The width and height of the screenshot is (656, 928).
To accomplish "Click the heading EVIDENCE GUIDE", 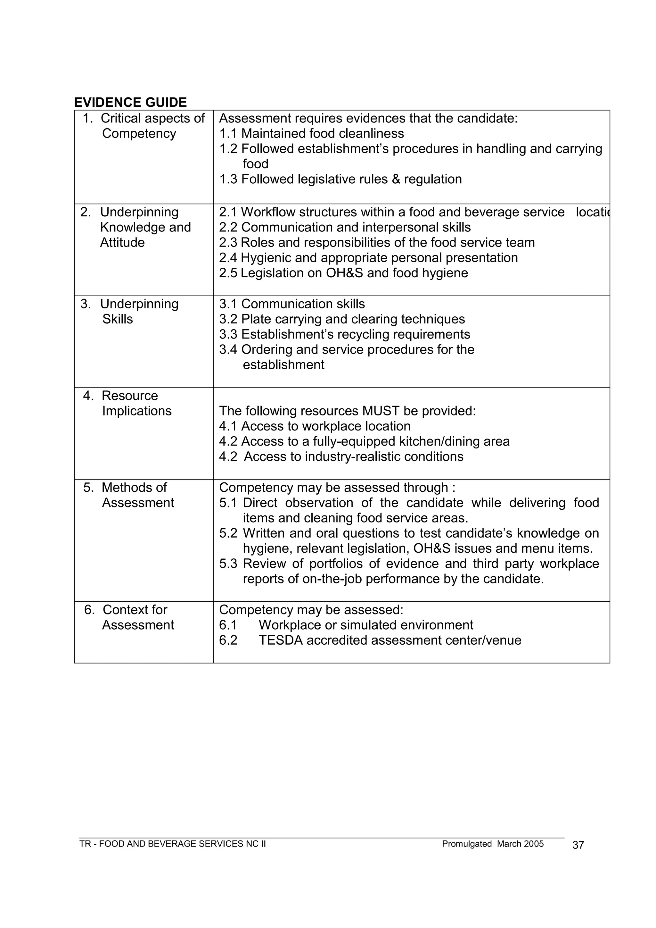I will point(130,102).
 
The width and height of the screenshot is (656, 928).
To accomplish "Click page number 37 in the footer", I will point(578,845).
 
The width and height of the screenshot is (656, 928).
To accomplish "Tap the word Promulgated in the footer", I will point(467,844).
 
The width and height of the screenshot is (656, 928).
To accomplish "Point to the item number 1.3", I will point(228,179).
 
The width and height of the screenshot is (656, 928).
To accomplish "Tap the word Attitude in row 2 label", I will point(122,243).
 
